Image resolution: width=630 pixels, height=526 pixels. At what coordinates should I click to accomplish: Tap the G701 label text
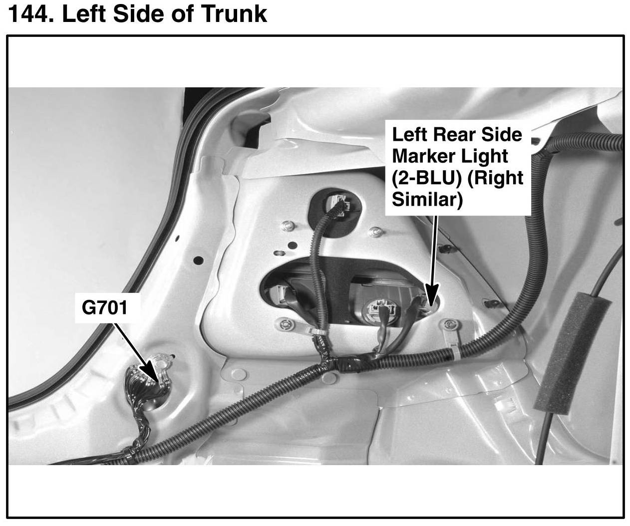(104, 307)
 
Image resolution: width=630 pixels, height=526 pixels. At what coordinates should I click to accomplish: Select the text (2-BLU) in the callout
(424, 178)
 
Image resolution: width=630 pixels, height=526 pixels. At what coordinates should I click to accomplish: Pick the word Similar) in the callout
(427, 200)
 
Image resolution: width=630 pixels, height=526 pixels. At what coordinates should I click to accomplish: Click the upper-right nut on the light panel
(373, 232)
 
